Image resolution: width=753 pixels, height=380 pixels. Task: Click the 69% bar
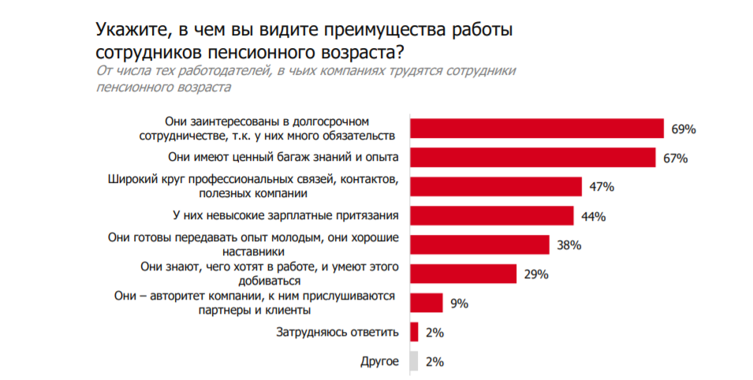point(536,129)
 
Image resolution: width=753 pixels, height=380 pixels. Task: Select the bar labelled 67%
point(532,158)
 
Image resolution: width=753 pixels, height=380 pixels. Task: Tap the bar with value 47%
point(495,187)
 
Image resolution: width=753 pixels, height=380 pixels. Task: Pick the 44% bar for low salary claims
point(491,215)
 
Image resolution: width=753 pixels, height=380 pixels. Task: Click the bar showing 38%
point(479,244)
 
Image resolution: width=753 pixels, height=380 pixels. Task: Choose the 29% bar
point(463,274)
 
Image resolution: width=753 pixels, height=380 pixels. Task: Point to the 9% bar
point(426,303)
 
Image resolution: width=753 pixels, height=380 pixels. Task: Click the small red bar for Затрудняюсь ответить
point(414,332)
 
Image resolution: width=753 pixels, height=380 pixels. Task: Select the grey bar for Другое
point(414,361)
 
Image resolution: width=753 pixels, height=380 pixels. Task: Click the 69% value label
point(683,129)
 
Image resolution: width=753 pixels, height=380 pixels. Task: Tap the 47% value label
point(601,187)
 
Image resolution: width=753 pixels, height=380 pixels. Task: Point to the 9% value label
point(460,303)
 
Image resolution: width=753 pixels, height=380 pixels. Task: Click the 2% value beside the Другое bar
point(434,362)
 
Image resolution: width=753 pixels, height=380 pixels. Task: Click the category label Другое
point(379,362)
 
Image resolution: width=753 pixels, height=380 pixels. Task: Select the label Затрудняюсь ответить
point(337,333)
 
